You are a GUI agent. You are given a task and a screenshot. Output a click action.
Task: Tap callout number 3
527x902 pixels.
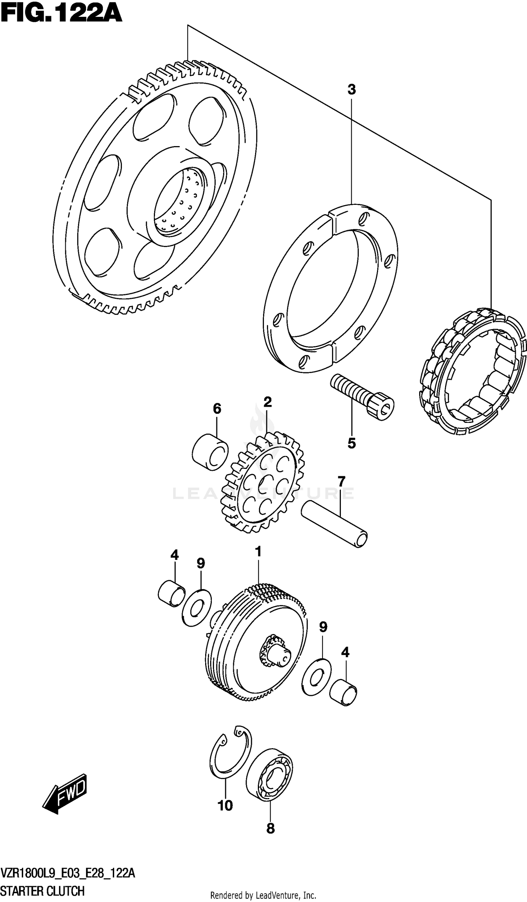[351, 90]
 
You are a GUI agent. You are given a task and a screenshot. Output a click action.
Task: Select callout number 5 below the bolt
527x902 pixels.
[351, 444]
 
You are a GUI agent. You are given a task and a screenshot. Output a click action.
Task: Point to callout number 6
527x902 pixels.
[217, 408]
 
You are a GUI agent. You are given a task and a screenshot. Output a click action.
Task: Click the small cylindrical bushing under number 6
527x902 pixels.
[210, 451]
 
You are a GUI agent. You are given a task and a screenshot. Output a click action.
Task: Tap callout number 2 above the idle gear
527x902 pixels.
[267, 402]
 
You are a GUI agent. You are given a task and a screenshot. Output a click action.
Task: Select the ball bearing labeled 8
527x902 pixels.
[269, 772]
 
